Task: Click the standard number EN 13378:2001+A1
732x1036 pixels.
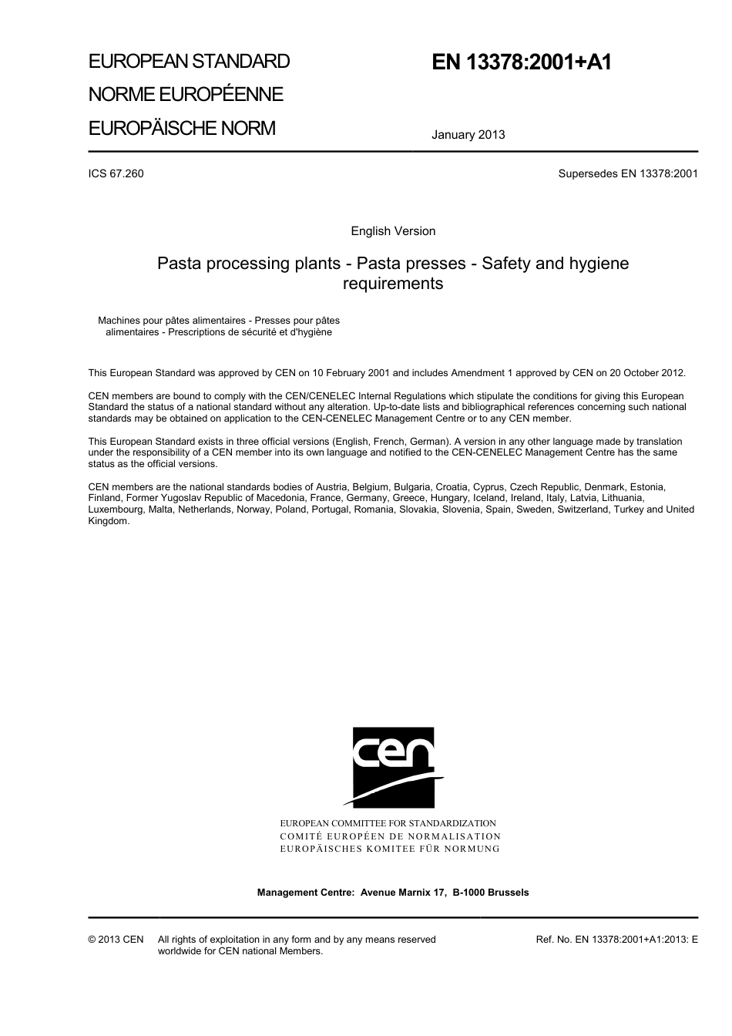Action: [522, 62]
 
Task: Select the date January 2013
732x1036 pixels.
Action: [468, 135]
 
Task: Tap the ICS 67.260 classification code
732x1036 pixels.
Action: [116, 173]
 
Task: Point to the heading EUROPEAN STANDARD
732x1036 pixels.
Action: [189, 62]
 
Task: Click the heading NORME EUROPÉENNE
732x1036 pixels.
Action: [186, 95]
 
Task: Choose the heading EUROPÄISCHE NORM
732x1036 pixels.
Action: [182, 128]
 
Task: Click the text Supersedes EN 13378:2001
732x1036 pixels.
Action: [627, 173]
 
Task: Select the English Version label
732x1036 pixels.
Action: [393, 231]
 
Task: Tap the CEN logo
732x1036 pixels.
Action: [393, 768]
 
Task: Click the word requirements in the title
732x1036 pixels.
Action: [393, 284]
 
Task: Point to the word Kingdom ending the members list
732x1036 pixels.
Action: [108, 521]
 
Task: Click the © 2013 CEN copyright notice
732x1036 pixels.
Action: [116, 940]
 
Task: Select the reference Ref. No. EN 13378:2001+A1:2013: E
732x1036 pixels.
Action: [616, 940]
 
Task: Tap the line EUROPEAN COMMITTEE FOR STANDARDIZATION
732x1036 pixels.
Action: [388, 823]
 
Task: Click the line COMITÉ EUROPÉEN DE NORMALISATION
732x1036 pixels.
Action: [390, 836]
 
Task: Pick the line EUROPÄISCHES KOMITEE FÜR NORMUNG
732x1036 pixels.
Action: [390, 849]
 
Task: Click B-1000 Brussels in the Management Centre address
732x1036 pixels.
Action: [491, 893]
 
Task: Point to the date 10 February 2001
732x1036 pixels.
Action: [351, 373]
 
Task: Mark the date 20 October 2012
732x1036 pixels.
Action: [645, 373]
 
